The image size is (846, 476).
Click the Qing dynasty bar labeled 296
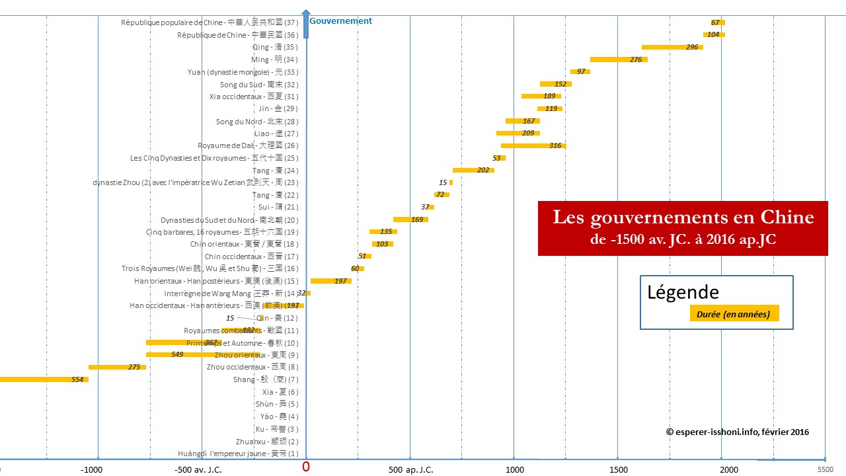click(672, 47)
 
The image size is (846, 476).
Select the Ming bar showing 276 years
click(618, 59)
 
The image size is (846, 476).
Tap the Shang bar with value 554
click(40, 379)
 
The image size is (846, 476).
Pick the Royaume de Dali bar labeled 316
click(533, 145)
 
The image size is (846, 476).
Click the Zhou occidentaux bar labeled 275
click(117, 367)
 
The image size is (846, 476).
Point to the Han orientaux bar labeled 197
click(330, 281)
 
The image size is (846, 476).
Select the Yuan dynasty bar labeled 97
click(580, 71)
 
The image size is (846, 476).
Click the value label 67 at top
click(715, 22)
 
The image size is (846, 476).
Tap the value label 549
click(177, 355)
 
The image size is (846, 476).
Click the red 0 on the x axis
click(305, 467)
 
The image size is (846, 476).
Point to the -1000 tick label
click(91, 469)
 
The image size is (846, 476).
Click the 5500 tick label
click(825, 469)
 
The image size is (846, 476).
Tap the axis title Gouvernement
click(340, 21)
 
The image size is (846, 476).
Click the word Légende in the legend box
click(683, 292)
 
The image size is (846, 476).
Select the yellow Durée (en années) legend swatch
click(733, 314)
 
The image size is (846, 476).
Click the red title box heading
click(683, 227)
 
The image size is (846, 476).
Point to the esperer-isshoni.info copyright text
click(737, 432)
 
